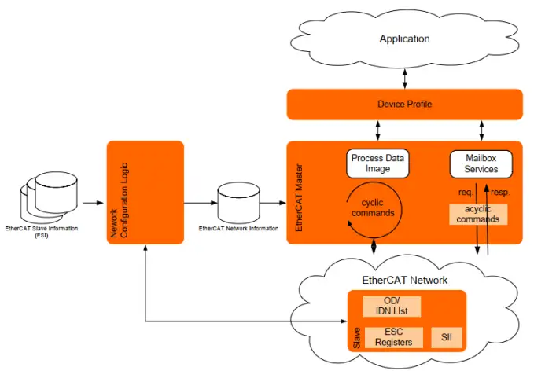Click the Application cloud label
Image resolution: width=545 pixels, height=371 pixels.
tap(404, 39)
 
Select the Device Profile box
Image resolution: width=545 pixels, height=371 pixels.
tap(404, 105)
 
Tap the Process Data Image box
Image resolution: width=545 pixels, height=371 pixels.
tap(377, 163)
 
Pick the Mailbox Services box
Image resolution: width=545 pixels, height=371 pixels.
tap(481, 163)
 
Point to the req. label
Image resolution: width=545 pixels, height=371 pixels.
tap(465, 192)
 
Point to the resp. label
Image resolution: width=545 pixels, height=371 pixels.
tap(501, 192)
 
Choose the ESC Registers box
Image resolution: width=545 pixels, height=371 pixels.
tap(393, 337)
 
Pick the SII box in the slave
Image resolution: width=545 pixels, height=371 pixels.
tap(447, 337)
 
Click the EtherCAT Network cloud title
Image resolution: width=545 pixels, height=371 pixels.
tap(404, 280)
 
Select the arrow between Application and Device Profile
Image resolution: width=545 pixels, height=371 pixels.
tap(404, 78)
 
